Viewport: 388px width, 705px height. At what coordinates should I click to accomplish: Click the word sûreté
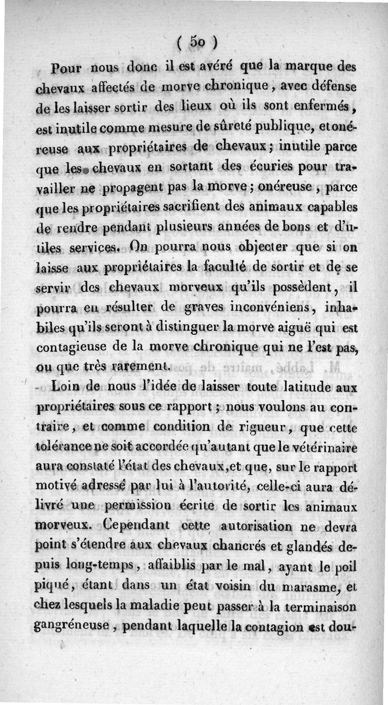(x=234, y=127)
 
